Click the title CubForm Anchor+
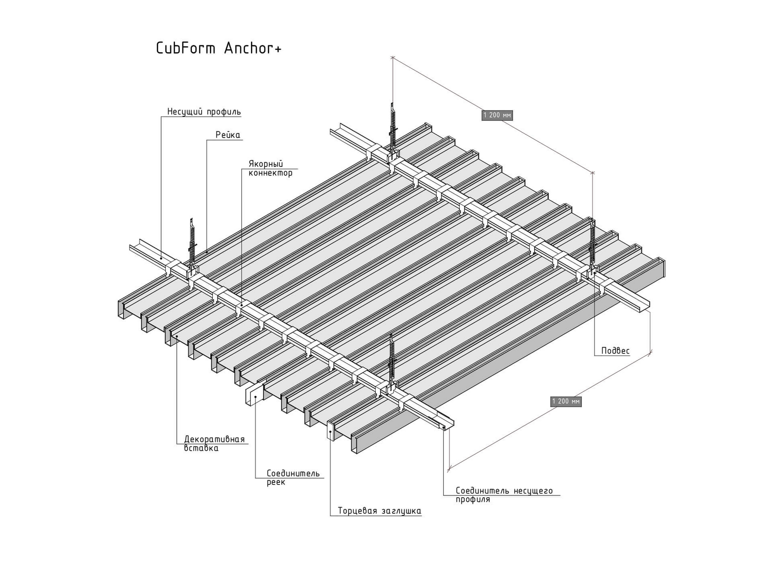pos(218,49)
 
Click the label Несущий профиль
pos(204,111)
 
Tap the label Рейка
pos(228,135)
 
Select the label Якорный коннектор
pos(271,168)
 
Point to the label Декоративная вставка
pos(214,444)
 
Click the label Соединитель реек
pos(293,478)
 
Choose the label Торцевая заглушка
pos(379,511)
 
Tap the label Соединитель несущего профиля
pos(504,495)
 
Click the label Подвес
pos(615,351)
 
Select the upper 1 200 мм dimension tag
pos(497,115)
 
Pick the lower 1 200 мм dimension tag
pos(566,401)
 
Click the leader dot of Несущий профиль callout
pos(161,258)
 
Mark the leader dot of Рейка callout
pos(206,251)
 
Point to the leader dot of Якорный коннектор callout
pos(242,306)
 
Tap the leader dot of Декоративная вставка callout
pos(177,336)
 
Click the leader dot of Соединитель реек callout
pos(256,396)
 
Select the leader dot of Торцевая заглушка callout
pos(330,432)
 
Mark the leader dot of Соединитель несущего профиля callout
pos(444,427)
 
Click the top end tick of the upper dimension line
pos(392,57)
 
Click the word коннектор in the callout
pos(271,173)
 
